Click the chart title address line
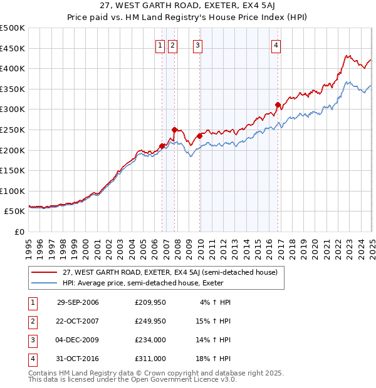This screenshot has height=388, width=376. click(x=187, y=6)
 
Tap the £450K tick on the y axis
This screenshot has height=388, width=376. click(x=13, y=48)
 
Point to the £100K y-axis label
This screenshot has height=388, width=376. click(x=13, y=191)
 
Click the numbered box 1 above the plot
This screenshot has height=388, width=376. click(x=160, y=44)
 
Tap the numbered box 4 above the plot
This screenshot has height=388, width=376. click(x=276, y=44)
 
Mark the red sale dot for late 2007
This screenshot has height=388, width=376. click(x=175, y=130)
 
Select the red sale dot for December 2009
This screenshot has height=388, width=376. click(x=199, y=136)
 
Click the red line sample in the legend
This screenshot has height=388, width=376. click(x=44, y=272)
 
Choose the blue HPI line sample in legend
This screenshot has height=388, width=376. click(x=44, y=283)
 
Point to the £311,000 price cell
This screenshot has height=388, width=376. click(x=150, y=359)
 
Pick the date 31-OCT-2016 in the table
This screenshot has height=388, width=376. click(x=78, y=359)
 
